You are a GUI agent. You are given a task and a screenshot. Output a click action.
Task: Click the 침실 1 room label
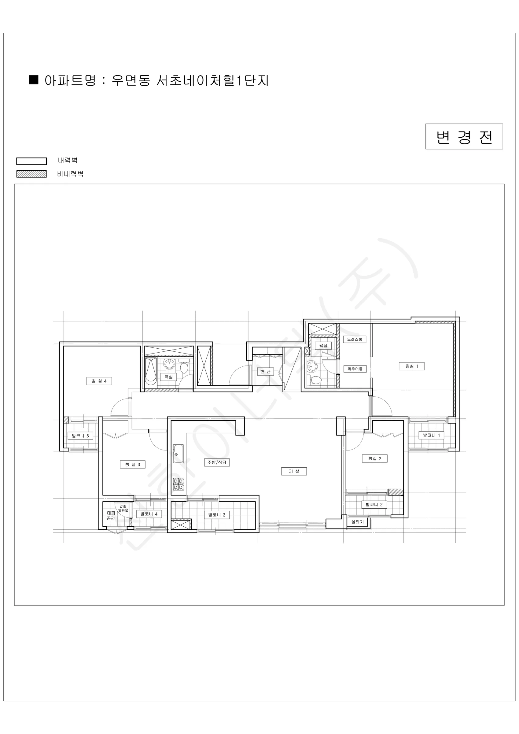411,366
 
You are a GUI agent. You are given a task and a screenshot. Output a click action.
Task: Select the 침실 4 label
99,381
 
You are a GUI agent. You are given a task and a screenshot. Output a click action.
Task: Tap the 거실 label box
294,471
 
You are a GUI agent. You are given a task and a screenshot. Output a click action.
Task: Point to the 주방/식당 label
217,462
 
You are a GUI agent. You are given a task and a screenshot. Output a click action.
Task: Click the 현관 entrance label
265,371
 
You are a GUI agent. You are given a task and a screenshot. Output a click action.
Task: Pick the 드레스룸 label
355,339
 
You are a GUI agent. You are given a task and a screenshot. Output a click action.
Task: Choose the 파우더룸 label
355,369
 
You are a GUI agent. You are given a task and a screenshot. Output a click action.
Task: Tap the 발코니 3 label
217,515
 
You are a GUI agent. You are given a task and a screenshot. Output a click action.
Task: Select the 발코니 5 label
80,436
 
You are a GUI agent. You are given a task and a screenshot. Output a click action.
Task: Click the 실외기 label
357,522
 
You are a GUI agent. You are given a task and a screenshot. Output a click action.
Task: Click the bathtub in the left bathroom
150,372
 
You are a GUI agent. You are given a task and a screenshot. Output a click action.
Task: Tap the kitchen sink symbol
178,454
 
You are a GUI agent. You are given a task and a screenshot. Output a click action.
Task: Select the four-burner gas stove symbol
179,484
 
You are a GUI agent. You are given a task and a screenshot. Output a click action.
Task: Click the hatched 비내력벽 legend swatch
31,174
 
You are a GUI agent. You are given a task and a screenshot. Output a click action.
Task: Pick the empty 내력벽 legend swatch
31,161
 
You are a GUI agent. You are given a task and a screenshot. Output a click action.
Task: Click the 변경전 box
464,136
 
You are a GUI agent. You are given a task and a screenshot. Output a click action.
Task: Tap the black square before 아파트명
34,80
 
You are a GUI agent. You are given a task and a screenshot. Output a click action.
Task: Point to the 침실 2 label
374,458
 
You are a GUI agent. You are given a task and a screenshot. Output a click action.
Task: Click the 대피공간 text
111,516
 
